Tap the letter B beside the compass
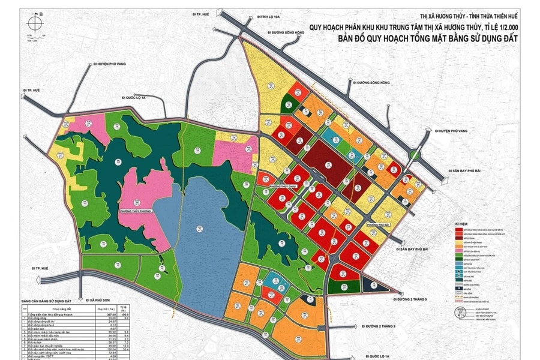[x=41, y=12]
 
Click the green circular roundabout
[x=415, y=156]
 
